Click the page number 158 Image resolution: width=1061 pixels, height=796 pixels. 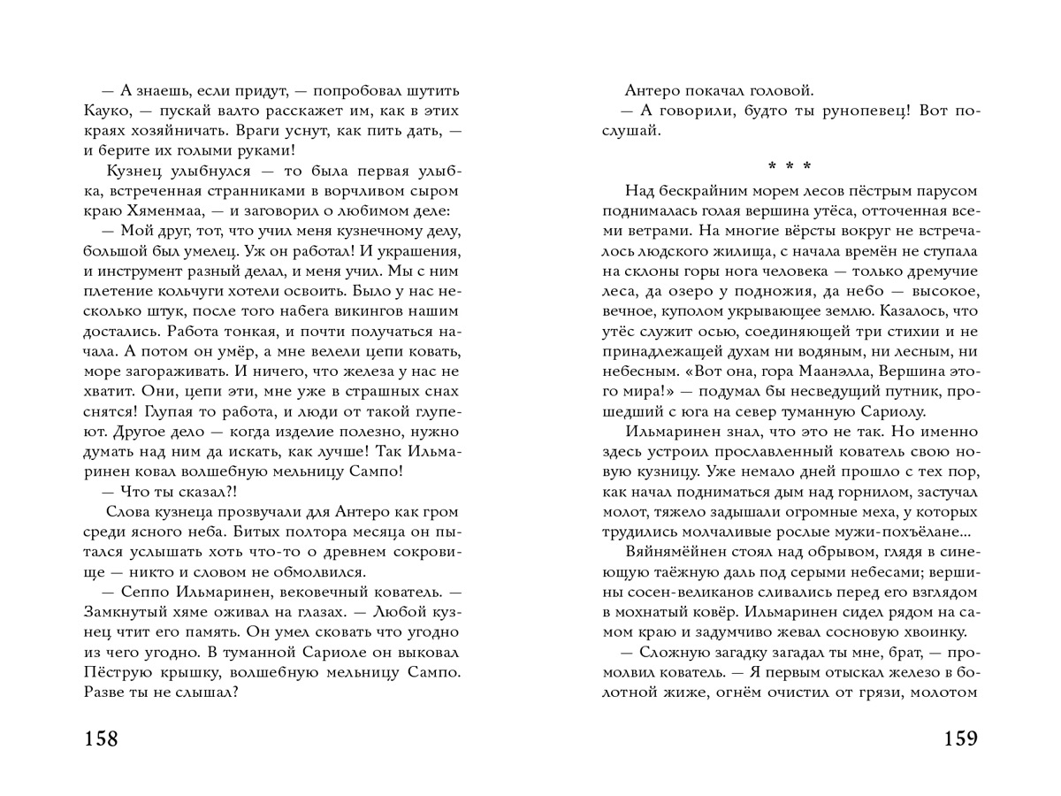pyautogui.click(x=101, y=739)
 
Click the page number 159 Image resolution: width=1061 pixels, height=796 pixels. pyautogui.click(x=960, y=739)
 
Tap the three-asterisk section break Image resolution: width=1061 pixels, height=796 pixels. pyautogui.click(x=790, y=165)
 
